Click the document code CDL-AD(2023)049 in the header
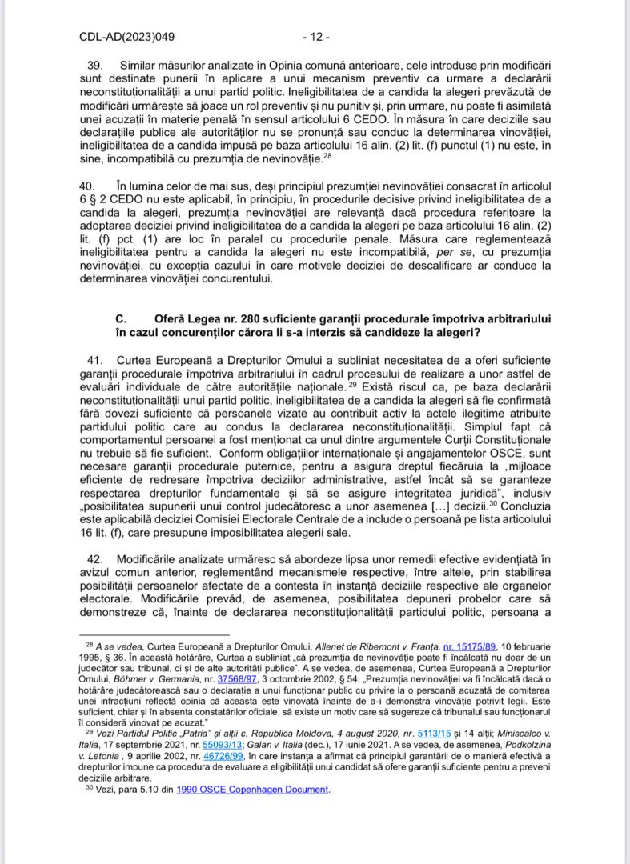tap(127, 37)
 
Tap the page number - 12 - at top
tap(315, 37)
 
